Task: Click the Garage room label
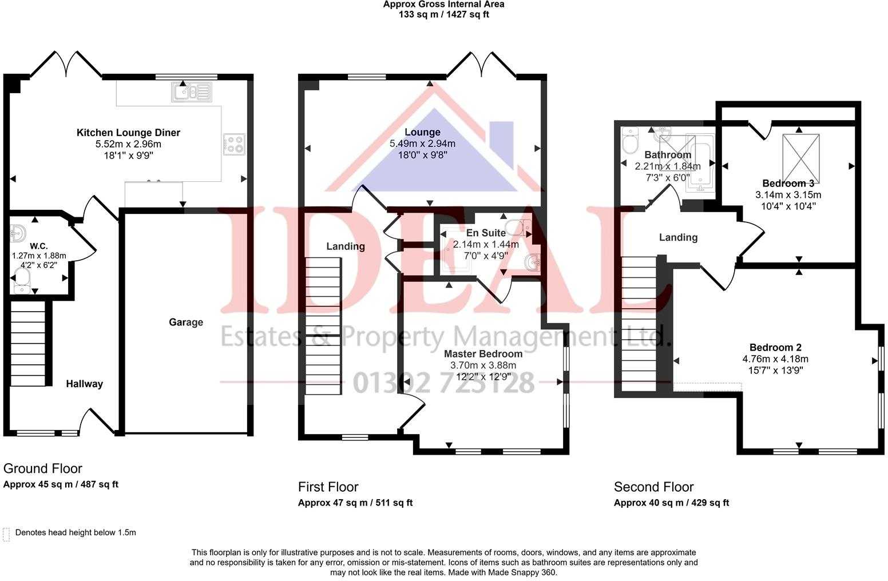point(185,322)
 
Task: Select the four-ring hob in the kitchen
point(235,144)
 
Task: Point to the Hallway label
point(84,384)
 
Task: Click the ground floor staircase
point(28,344)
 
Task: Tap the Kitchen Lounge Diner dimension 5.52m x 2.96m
point(128,144)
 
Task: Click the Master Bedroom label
point(483,354)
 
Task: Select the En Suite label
point(486,233)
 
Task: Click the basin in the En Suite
point(533,262)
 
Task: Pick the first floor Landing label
point(346,246)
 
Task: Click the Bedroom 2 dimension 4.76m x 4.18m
point(775,359)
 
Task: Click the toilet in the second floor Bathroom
point(629,140)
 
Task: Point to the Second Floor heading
point(653,487)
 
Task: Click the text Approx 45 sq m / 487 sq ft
point(61,484)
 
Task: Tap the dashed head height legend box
point(6,534)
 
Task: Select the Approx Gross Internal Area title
point(443,5)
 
